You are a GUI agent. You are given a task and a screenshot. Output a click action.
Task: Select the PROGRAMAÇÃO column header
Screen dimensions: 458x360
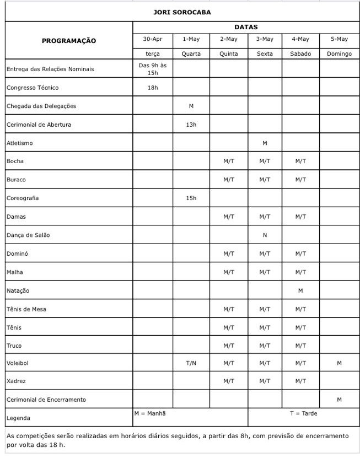(x=69, y=40)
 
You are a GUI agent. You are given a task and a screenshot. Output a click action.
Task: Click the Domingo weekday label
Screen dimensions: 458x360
(x=339, y=54)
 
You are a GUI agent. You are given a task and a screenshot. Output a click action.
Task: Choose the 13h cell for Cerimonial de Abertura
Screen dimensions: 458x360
(x=191, y=125)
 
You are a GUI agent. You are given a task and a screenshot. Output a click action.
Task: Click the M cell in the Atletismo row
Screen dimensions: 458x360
(x=265, y=143)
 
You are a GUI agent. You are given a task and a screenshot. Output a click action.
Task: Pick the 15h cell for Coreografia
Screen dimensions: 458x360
(x=191, y=198)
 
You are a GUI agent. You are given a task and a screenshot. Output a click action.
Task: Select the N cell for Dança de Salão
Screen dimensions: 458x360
(x=265, y=235)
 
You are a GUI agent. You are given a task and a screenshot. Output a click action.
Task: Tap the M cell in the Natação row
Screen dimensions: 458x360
(x=300, y=290)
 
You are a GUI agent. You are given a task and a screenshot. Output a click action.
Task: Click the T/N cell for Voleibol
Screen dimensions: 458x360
(x=191, y=363)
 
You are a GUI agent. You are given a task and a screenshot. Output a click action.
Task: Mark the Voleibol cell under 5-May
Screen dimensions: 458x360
(x=339, y=363)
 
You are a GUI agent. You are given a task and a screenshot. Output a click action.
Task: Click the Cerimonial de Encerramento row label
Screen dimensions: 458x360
(x=46, y=399)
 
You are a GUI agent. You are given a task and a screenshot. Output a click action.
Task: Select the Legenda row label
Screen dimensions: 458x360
(x=18, y=418)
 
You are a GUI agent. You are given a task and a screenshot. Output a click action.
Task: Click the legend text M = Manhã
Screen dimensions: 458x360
(x=150, y=413)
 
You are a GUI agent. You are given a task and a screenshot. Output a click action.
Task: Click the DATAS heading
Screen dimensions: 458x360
(x=246, y=26)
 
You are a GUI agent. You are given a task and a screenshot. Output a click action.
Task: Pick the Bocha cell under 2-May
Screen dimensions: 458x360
(x=229, y=161)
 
